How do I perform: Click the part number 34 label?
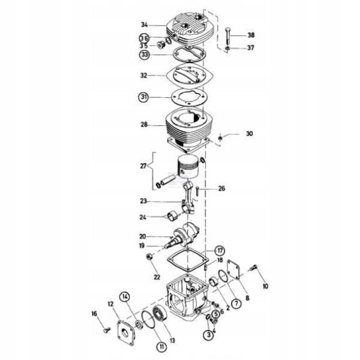144,25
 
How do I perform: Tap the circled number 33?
144,55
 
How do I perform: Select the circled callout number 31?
144,97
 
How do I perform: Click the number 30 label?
249,133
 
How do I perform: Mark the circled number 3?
209,334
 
